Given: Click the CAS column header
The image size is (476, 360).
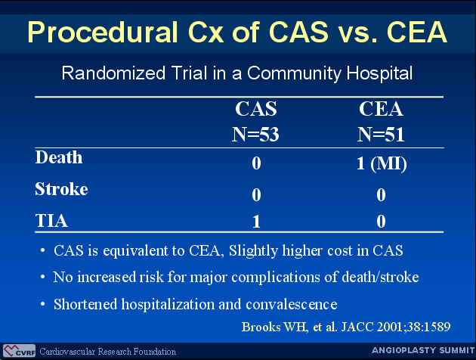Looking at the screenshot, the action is click(x=256, y=109).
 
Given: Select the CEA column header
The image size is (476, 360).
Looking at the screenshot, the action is click(x=381, y=109).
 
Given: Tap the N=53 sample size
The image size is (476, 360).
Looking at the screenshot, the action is click(x=255, y=135).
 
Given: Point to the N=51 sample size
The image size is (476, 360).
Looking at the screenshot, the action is click(x=381, y=135).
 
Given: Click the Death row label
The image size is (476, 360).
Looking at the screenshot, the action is click(x=59, y=157).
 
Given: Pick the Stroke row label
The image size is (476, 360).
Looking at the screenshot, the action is click(x=62, y=189).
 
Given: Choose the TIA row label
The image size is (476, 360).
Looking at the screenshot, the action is click(x=51, y=221).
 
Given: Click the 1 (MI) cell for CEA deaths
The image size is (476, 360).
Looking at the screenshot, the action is click(x=382, y=164).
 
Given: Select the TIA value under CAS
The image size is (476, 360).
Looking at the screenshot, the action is click(x=256, y=222).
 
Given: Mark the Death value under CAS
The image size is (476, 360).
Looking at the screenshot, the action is click(x=256, y=163).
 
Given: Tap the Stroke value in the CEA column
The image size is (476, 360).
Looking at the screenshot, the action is click(x=382, y=194).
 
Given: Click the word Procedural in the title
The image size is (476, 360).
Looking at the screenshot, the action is click(x=103, y=33).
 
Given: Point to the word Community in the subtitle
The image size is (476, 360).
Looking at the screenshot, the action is click(x=295, y=73).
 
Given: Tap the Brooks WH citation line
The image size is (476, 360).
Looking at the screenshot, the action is click(x=346, y=327).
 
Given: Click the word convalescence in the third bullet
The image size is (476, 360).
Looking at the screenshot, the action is click(x=292, y=304).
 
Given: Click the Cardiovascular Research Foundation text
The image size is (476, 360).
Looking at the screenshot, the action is click(x=108, y=352).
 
